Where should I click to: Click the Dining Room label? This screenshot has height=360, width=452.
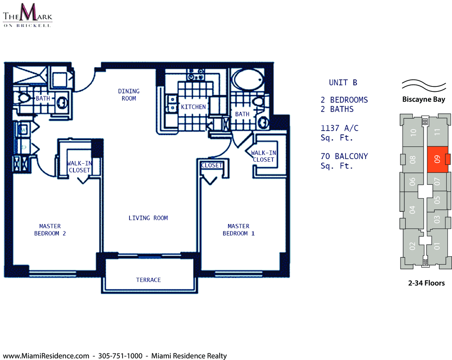(x=129, y=95)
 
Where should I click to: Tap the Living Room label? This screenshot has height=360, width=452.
(x=148, y=218)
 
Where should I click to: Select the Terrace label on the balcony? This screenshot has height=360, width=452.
(x=148, y=280)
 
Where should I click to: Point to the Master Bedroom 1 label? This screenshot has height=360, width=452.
(x=239, y=230)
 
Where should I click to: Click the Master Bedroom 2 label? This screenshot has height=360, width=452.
(x=50, y=230)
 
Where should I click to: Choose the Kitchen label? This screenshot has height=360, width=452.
(x=193, y=107)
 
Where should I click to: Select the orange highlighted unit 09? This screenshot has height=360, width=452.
(x=437, y=159)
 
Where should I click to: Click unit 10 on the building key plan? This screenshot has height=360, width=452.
(x=414, y=132)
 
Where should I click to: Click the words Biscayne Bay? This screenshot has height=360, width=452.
(x=424, y=100)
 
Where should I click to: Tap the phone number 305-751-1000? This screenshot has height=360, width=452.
(x=120, y=356)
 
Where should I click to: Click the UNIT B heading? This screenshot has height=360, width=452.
(x=343, y=83)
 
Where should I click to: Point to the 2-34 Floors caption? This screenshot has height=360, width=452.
(x=426, y=283)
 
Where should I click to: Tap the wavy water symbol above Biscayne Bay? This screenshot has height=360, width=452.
(x=424, y=85)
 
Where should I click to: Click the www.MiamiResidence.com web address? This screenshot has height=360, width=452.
(x=46, y=356)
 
